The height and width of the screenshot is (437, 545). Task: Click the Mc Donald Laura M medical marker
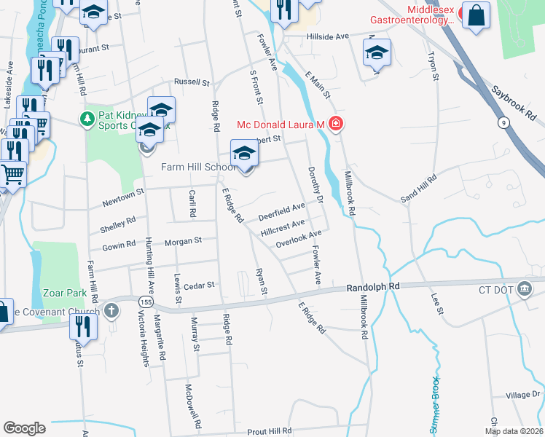[335, 125]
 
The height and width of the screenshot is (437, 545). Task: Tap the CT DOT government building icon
[524, 289]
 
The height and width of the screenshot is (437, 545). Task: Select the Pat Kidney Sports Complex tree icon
[87, 118]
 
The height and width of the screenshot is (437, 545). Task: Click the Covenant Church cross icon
[111, 312]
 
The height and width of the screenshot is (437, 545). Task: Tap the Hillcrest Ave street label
[283, 227]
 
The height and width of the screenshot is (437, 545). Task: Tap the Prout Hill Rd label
[269, 431]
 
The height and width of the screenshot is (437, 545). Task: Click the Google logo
[24, 428]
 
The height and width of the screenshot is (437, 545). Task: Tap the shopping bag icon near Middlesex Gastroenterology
[476, 15]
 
